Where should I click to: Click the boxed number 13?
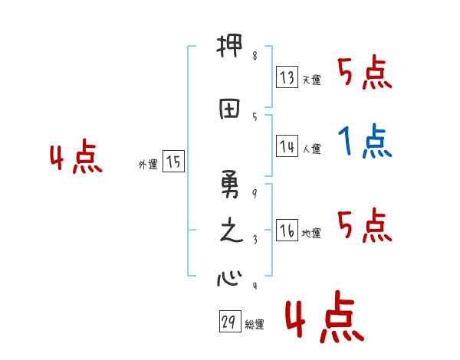[x=287, y=77]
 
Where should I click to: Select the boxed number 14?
[x=287, y=146]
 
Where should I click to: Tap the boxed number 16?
[x=287, y=231]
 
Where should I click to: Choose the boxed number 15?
[x=173, y=162]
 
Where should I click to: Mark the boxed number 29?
[x=229, y=322]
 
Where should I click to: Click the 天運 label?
[x=311, y=80]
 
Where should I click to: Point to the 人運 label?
[x=311, y=149]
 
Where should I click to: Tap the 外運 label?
[x=147, y=164]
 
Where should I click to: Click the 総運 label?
[x=255, y=325]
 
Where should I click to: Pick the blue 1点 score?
[x=364, y=142]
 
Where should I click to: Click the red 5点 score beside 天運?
[x=364, y=74]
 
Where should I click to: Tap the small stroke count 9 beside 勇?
[x=255, y=193]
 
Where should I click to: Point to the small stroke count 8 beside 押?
[x=255, y=56]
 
